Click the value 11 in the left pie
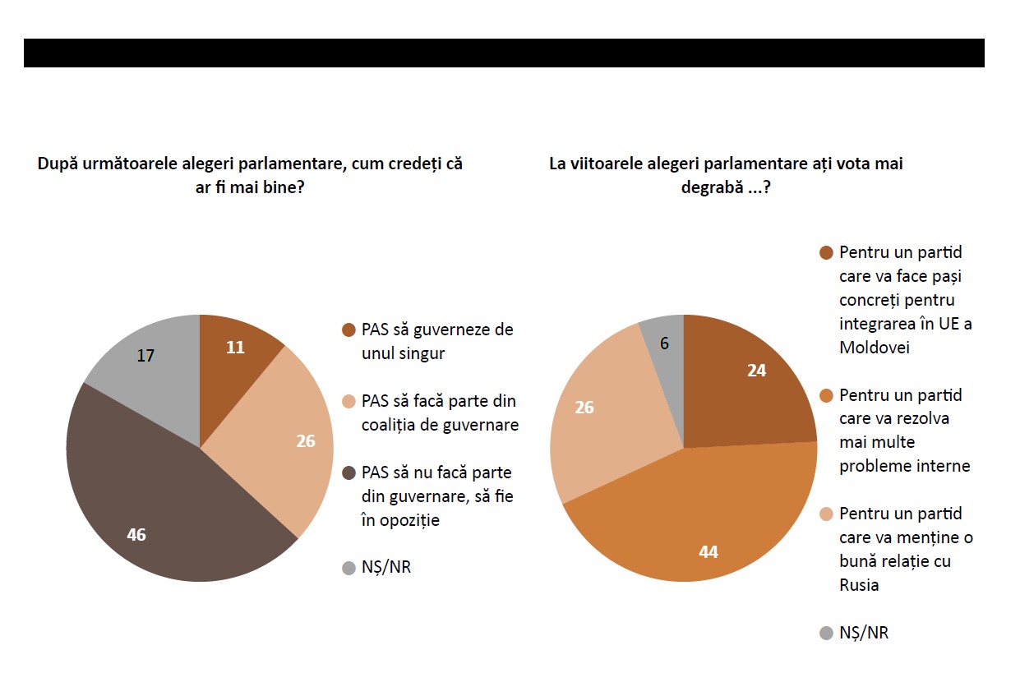click(235, 347)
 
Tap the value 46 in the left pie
click(136, 534)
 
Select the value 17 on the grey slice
click(145, 356)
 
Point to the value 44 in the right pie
click(708, 551)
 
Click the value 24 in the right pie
click(756, 371)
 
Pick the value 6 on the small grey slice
click(664, 343)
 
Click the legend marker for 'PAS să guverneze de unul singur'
click(348, 330)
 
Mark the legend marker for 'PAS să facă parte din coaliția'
click(348, 401)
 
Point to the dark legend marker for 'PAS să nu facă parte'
click(348, 472)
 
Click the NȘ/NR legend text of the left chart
click(385, 567)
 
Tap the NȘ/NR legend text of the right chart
click(864, 633)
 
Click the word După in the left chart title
click(58, 164)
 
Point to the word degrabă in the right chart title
click(713, 187)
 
